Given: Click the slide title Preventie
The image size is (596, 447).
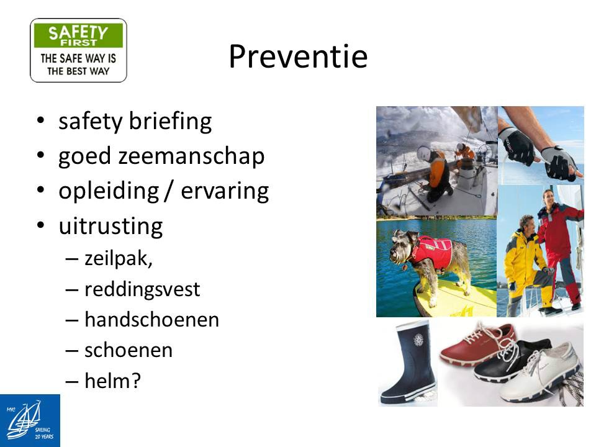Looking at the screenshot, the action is click(298, 56).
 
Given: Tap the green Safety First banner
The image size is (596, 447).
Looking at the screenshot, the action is click(78, 35).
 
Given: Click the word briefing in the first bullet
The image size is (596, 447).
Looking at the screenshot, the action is click(170, 122).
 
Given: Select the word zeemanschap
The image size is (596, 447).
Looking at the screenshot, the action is click(191, 157).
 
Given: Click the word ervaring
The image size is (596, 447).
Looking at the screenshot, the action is click(225, 191).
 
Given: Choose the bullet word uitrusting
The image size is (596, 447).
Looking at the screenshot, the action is click(111, 226).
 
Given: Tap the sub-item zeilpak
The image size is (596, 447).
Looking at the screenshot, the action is click(118, 260).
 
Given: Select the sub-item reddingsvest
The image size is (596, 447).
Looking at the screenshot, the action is click(142, 290).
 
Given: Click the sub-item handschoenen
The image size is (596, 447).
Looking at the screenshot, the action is click(151, 320).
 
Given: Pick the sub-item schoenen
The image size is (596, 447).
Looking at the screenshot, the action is click(129, 350).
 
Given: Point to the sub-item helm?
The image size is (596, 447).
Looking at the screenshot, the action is click(112, 381).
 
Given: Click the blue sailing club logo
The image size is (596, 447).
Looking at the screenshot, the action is click(30, 420).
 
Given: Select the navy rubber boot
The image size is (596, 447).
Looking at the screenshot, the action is click(409, 364).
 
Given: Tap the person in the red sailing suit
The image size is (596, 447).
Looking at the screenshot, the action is click(559, 247).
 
